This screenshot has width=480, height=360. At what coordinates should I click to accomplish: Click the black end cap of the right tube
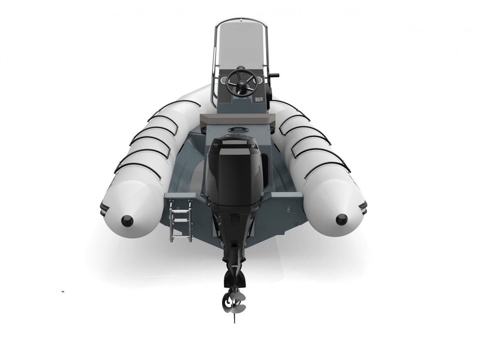tap(342, 218)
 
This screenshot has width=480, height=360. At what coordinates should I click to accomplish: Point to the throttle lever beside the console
tap(273, 77)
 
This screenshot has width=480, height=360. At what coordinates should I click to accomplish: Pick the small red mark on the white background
tap(63, 290)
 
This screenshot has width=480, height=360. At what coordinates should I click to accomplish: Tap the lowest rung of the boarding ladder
tap(181, 235)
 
